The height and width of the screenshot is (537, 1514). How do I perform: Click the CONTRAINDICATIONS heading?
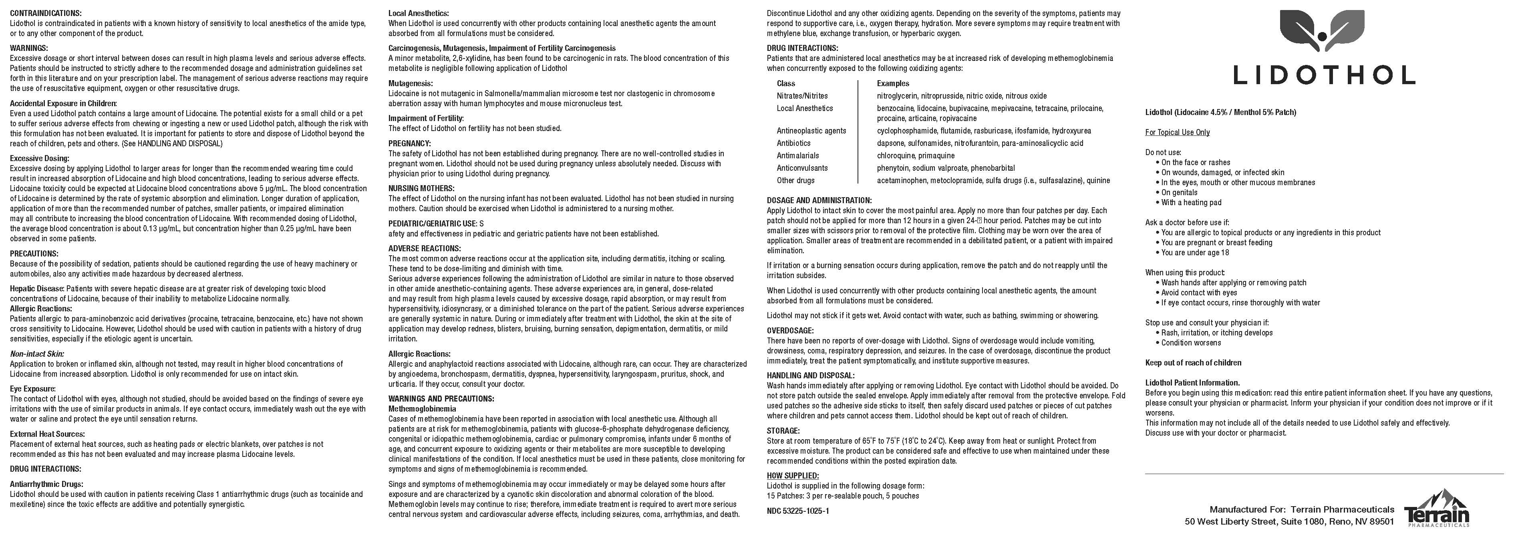(46, 13)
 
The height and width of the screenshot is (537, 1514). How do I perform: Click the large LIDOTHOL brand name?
(1324, 75)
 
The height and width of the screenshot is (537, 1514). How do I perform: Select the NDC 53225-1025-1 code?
(797, 511)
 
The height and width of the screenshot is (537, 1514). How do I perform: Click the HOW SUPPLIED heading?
(792, 475)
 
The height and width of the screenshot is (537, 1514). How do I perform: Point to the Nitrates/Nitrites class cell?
(802, 96)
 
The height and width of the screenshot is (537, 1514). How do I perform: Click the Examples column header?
(893, 83)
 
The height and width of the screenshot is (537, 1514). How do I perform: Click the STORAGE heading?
(783, 430)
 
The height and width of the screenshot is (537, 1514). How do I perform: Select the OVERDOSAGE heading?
(790, 331)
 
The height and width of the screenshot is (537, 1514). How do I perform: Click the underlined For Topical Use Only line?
(1177, 132)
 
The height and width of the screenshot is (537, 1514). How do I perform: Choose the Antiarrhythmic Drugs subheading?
(42, 484)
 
